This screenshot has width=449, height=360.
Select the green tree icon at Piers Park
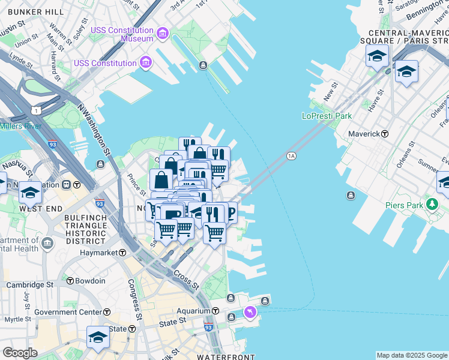[432, 205]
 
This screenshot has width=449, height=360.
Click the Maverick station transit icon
[385, 134]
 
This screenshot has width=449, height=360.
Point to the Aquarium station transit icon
[215, 311]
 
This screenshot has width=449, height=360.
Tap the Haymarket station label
[99, 253]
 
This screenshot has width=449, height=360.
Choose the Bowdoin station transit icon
[70, 281]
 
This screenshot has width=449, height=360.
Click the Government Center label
[68, 312]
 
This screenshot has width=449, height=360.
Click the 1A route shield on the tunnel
[292, 156]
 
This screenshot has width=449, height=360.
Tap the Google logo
[20, 353]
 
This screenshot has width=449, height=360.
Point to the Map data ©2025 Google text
[412, 355]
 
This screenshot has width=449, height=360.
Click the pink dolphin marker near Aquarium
[250, 311]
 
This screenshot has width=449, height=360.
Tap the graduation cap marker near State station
[98, 336]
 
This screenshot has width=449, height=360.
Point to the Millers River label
[20, 126]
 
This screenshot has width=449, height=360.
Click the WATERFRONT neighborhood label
[219, 356]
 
